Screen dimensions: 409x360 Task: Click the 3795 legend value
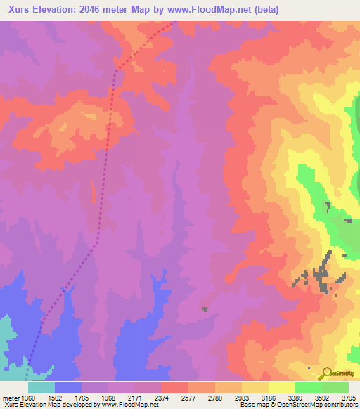click(348, 397)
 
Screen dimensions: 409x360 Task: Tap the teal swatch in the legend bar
click(41, 387)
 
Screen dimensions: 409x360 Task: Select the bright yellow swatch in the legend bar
click(282, 387)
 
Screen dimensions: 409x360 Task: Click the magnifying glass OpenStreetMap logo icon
click(326, 373)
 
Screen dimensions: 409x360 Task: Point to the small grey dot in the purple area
click(205, 309)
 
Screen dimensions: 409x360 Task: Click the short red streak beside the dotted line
click(93, 190)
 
